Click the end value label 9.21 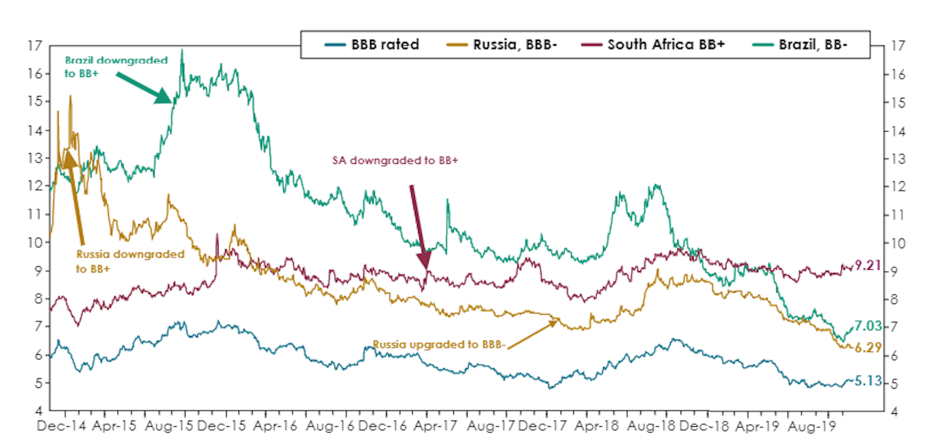pos(866,266)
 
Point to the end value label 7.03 pos(866,326)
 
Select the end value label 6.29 pos(866,347)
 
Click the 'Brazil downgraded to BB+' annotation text pos(116,66)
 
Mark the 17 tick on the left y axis pos(34,46)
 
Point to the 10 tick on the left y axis pos(34,242)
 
